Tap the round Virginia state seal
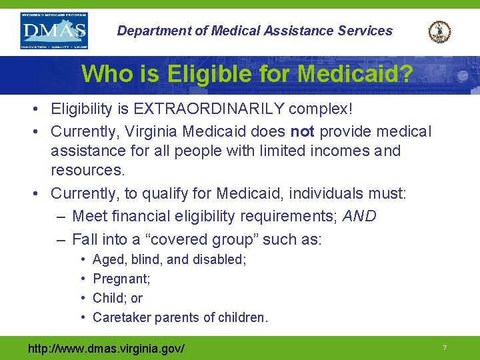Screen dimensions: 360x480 pos(439,31)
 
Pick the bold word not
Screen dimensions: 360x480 pos(303,132)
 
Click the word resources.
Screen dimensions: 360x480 pos(88,170)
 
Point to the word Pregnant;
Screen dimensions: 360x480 pos(121,279)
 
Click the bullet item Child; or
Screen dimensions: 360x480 pos(117,298)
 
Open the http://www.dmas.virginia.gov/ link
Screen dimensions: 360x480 pos(106,348)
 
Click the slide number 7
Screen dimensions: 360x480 pos(444,348)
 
